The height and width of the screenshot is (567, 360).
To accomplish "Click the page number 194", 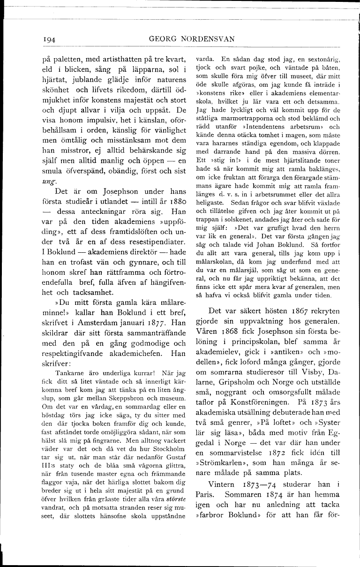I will click(x=48, y=40).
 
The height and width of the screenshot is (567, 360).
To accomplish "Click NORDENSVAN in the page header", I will click(x=209, y=39).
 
